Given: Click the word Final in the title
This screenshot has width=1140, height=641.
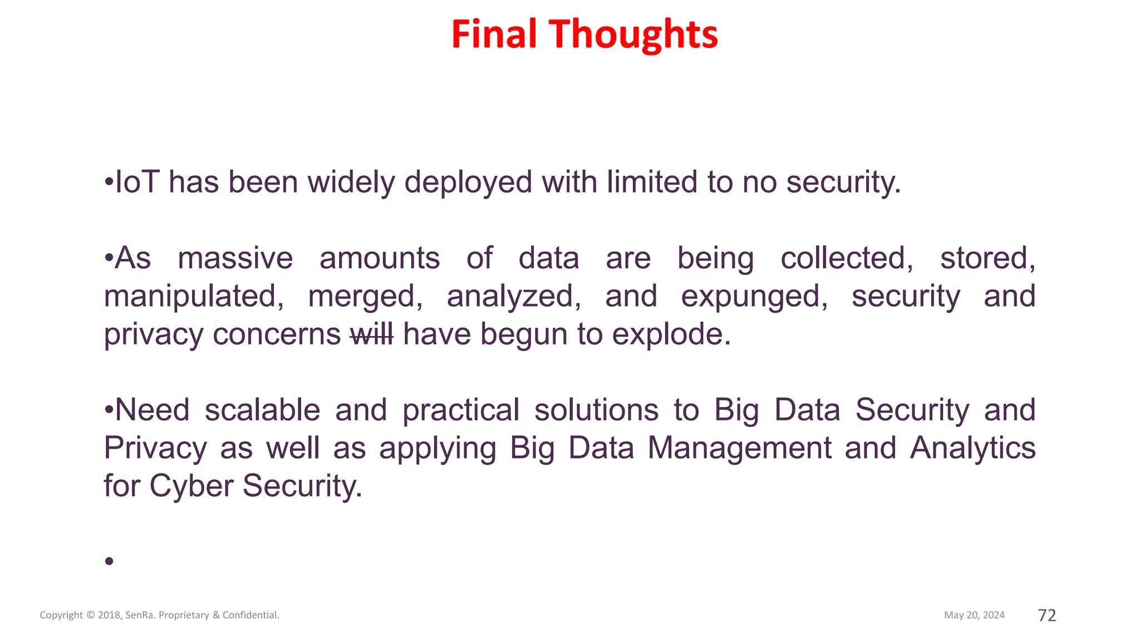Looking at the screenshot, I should tap(494, 34).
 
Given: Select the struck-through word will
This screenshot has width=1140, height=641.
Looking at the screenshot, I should tap(372, 334).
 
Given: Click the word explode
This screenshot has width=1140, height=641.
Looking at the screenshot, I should tap(671, 334).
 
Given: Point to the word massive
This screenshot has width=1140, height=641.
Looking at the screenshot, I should tap(235, 259).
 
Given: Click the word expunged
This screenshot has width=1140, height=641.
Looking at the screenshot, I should tap(754, 297).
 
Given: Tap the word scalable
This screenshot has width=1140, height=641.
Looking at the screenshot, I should tap(262, 411).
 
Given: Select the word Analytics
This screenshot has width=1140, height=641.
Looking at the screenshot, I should tap(972, 448).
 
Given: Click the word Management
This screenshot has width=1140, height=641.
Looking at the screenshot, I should tap(739, 448).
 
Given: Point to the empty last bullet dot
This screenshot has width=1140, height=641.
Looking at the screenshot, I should tap(109, 561).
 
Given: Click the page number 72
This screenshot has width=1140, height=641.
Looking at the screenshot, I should tap(1047, 615).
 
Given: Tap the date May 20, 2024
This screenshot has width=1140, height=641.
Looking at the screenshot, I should tap(974, 615).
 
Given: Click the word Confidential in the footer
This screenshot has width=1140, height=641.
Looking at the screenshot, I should tap(250, 615).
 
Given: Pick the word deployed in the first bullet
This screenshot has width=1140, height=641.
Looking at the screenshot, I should tap(468, 183).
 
